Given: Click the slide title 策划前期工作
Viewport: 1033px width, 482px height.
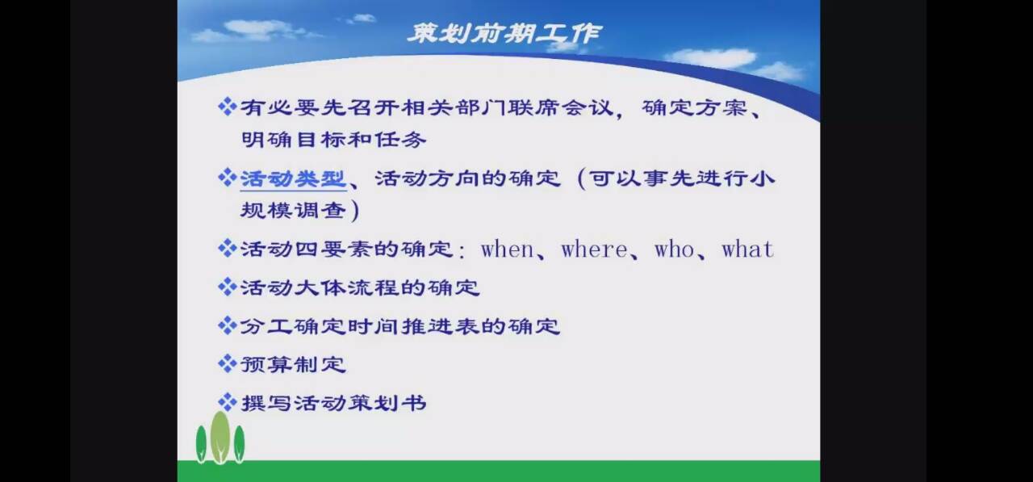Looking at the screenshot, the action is pos(505,33).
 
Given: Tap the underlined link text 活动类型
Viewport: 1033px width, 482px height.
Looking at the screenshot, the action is pos(293,179).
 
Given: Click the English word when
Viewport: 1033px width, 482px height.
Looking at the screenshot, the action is pos(507,249).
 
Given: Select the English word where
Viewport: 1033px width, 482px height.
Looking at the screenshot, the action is pos(594,249).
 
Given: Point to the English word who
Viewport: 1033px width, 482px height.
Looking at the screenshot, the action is pos(674,249).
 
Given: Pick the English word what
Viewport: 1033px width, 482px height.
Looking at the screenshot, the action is pos(747,249).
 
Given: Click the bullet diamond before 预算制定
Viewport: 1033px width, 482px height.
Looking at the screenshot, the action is pos(228,364).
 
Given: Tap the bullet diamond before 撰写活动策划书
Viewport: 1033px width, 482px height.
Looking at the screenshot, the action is pos(228,403).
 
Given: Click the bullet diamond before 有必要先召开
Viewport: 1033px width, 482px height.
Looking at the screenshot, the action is pos(228,107).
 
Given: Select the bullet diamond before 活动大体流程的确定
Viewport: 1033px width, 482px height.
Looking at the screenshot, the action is pos(228,287).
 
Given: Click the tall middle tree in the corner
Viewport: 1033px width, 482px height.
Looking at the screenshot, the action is pos(220,438).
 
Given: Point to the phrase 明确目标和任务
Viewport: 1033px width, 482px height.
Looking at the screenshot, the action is pos(333,140).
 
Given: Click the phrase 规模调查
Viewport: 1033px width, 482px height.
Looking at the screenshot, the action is pos(293,211).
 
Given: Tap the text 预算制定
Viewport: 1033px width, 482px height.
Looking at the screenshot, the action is pos(293,364).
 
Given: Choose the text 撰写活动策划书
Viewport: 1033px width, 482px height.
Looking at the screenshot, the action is pos(333,403).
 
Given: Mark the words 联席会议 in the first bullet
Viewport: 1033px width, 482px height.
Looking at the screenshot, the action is pos(560,107).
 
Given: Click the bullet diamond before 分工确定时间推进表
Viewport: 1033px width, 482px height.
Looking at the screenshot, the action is pos(228,325).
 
